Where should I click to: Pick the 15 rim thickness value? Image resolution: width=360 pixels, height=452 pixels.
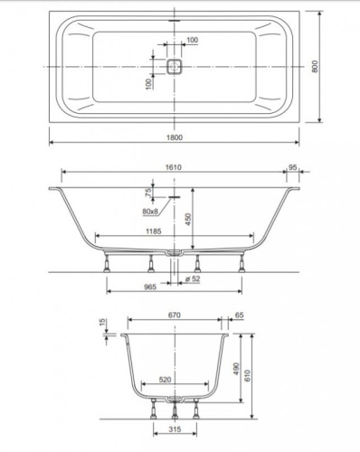103,323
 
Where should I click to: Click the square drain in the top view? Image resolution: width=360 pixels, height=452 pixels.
175,67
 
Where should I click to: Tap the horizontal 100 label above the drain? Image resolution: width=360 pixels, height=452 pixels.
192,41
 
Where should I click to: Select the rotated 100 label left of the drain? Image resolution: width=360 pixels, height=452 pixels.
148,83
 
